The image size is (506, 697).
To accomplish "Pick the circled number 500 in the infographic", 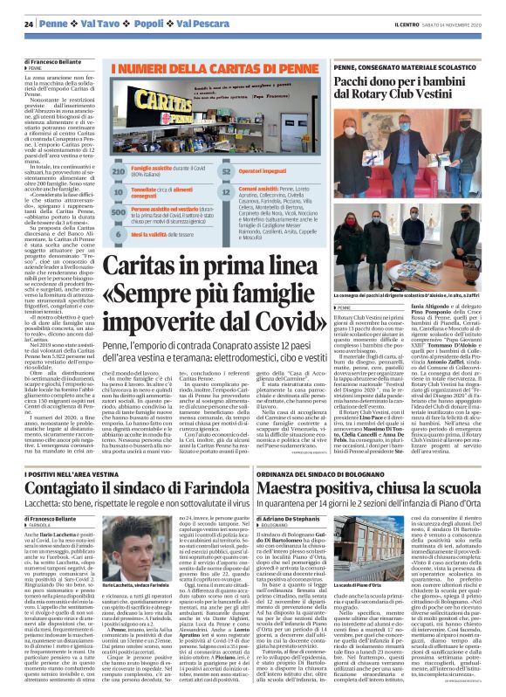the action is tap(119, 210).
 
